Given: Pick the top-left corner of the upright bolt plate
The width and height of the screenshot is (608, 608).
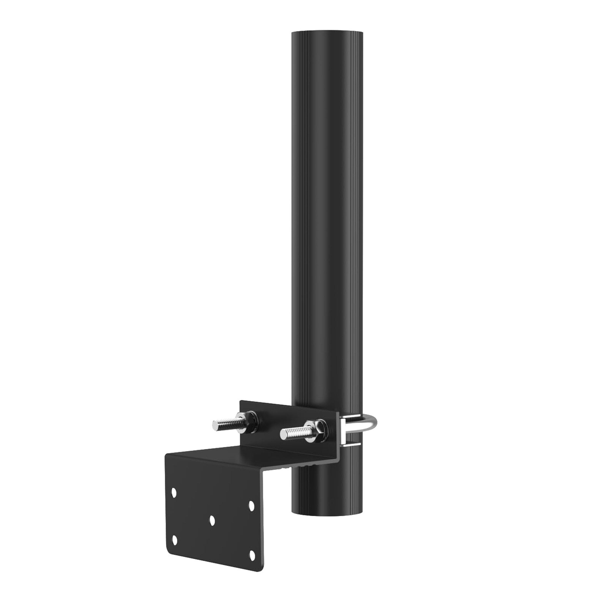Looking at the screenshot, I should click(x=241, y=401).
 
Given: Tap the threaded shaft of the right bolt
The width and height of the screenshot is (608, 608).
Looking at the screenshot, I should click(x=296, y=431).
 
